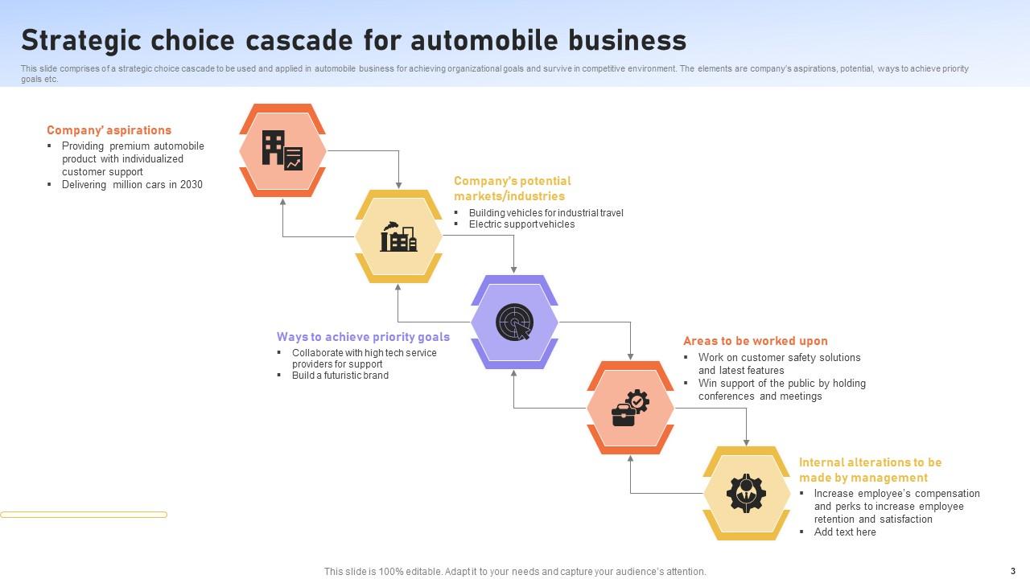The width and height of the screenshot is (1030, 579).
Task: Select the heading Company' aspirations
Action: click(109, 130)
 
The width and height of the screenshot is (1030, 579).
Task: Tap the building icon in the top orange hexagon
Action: click(282, 150)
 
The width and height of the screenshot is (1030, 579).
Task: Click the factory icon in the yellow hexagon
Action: click(398, 236)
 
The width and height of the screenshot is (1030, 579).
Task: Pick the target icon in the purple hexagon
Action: click(514, 322)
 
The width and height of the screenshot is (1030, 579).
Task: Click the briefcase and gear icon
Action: click(630, 408)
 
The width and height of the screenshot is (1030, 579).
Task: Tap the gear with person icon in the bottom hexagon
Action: click(746, 493)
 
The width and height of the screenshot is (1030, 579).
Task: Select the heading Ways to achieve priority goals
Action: click(363, 337)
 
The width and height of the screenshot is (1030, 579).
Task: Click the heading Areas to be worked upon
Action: click(755, 341)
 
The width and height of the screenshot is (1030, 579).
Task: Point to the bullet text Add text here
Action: click(844, 532)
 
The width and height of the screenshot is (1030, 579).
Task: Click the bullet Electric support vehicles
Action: click(521, 224)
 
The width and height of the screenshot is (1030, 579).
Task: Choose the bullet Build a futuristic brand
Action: click(340, 376)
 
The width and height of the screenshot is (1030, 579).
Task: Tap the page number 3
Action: click(1013, 571)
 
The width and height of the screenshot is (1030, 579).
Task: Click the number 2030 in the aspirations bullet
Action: click(192, 185)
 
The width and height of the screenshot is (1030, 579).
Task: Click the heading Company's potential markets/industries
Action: click(512, 188)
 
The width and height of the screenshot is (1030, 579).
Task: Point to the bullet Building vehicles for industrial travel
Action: click(546, 213)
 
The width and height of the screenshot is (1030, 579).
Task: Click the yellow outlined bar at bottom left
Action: click(84, 515)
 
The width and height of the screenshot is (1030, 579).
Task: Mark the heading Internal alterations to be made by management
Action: click(869, 470)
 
